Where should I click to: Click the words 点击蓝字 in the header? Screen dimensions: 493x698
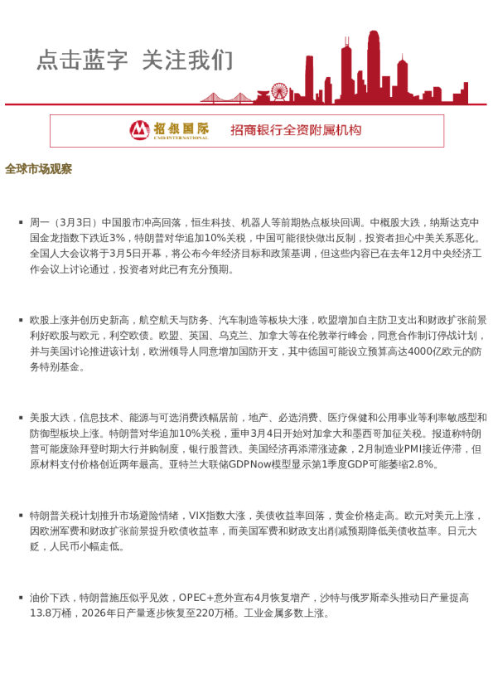point(82,60)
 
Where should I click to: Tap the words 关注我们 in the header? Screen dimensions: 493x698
point(187,60)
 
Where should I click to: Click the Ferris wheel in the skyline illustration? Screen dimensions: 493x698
point(279,91)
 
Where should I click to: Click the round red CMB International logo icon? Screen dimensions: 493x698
point(140,129)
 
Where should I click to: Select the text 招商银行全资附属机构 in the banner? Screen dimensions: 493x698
point(296,130)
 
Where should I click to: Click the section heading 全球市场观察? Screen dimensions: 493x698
point(38,169)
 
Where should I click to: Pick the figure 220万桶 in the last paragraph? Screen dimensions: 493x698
point(218,613)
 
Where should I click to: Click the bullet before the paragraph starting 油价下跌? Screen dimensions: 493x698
point(20,597)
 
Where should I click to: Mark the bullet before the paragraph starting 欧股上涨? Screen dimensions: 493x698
point(20,319)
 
